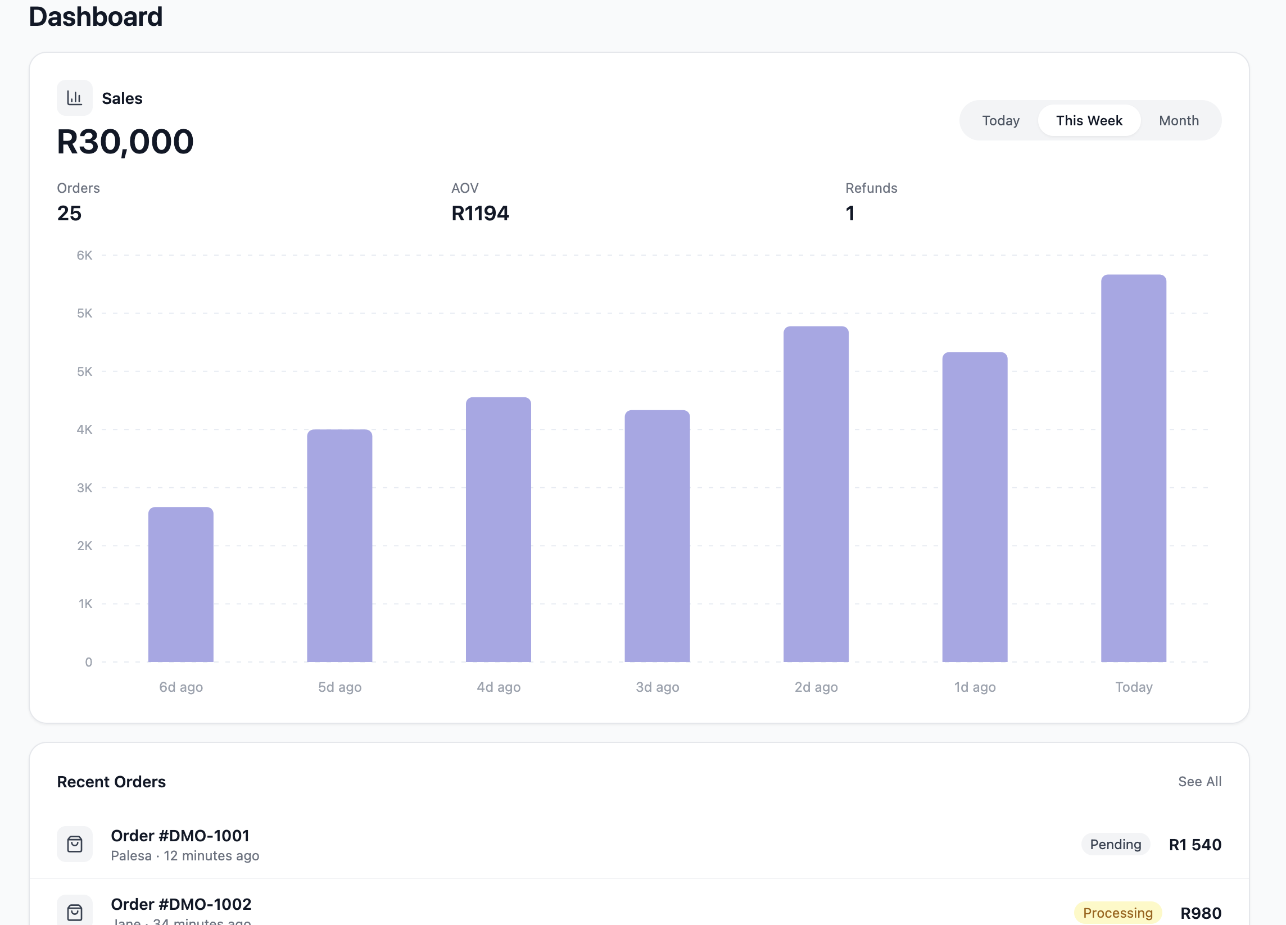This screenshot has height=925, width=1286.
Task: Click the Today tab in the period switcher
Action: pyautogui.click(x=1000, y=121)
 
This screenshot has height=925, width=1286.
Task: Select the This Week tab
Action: pyautogui.click(x=1089, y=121)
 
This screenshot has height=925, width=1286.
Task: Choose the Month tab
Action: pyautogui.click(x=1178, y=121)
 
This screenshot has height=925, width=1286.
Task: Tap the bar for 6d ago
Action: pyautogui.click(x=181, y=584)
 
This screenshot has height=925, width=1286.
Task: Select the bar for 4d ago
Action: pyautogui.click(x=499, y=529)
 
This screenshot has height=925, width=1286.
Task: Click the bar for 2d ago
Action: pyautogui.click(x=816, y=493)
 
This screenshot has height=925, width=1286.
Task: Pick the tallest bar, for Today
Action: pyautogui.click(x=1134, y=468)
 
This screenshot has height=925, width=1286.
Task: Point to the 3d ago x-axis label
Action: pyautogui.click(x=657, y=687)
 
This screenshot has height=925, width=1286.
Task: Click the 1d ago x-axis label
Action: pyautogui.click(x=975, y=687)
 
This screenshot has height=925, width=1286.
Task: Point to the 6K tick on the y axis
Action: pyautogui.click(x=84, y=255)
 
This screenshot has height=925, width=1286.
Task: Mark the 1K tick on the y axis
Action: pyautogui.click(x=85, y=604)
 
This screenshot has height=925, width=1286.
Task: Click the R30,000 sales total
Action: pyautogui.click(x=125, y=142)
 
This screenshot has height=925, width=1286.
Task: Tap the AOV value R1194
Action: pyautogui.click(x=479, y=213)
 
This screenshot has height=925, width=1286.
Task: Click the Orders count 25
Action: pyautogui.click(x=69, y=213)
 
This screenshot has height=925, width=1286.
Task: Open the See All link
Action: pyautogui.click(x=1199, y=782)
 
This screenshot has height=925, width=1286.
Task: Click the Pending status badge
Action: pyautogui.click(x=1115, y=844)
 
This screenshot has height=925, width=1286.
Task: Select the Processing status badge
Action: pyautogui.click(x=1117, y=913)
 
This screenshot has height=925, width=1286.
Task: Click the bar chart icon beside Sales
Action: pyautogui.click(x=74, y=98)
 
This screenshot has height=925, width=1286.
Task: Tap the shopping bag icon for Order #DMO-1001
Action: pyautogui.click(x=74, y=844)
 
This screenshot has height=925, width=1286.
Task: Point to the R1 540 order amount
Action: pyautogui.click(x=1195, y=845)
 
